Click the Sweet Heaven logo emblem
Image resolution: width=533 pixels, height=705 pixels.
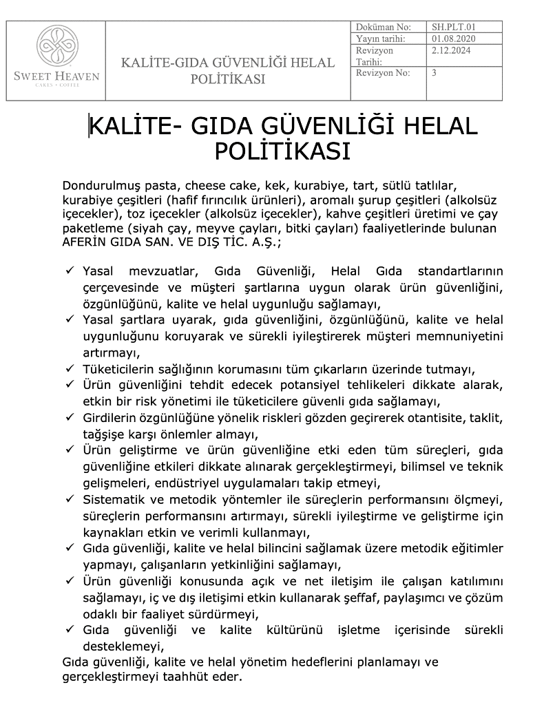pos(56,48)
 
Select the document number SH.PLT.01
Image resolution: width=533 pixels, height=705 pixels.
pos(454,27)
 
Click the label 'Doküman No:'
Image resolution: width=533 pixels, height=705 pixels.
pos(383,27)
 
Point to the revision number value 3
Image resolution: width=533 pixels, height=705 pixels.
pos(435,72)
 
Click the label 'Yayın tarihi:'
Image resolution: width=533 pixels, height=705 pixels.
pos(381,39)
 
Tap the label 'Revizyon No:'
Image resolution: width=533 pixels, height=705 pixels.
pos(383,72)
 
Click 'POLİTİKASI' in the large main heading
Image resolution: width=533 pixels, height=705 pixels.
pos(282,151)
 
